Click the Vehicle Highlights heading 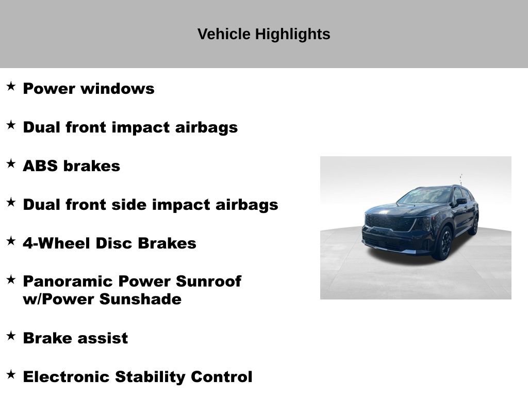pos(263,35)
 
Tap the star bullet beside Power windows pos(11,86)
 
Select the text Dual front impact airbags pos(130,127)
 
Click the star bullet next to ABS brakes pos(11,164)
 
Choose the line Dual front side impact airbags pos(150,205)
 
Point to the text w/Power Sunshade pos(102,299)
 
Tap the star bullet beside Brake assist pos(11,336)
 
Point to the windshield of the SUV pos(425,196)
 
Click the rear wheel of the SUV pos(474,225)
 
